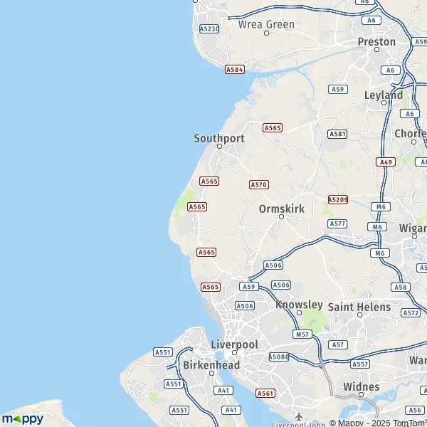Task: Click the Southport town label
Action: [219, 138]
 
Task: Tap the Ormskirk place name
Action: [281, 209]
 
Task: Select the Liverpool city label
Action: [234, 344]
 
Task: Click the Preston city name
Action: [376, 42]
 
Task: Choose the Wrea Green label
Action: [266, 24]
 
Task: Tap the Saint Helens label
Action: [359, 307]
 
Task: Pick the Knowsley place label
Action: [299, 305]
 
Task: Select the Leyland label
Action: [384, 95]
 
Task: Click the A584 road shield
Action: [234, 70]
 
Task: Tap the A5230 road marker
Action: [209, 28]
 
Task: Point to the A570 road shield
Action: [258, 184]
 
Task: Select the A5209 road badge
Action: [338, 200]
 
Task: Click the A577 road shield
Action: [337, 223]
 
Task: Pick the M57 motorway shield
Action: [302, 334]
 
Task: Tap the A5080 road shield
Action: [278, 357]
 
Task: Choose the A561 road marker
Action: [265, 393]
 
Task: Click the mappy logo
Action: [23, 418]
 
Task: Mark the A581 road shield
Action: [337, 134]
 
